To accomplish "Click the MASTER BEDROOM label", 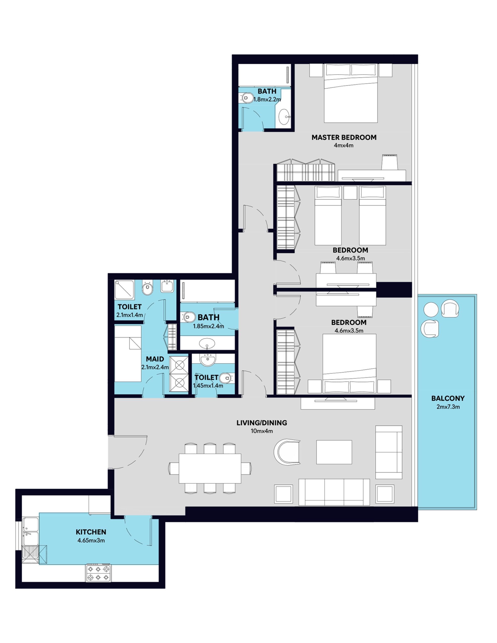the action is tap(344, 137).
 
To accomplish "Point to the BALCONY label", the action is tap(448, 398).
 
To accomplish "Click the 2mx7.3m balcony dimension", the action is tap(448, 407).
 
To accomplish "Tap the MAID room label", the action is tap(155, 359).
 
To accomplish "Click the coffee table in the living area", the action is tap(334, 452).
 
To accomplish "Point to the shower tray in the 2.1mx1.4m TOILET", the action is tap(124, 289).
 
